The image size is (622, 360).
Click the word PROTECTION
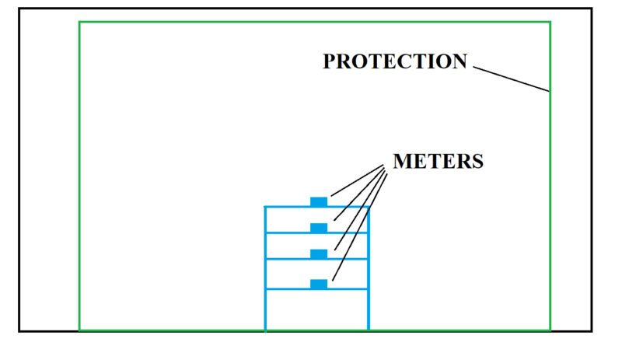click(395, 61)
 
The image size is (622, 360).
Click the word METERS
click(439, 161)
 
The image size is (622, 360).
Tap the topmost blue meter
click(319, 202)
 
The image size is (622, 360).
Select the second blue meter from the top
click(319, 228)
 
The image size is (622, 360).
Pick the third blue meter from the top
click(319, 254)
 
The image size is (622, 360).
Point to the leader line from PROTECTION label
click(511, 79)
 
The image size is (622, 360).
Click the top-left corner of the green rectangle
click(79, 22)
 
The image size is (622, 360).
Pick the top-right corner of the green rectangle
click(550, 22)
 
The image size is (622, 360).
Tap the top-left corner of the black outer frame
click(19, 9)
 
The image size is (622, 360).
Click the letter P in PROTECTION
click(329, 61)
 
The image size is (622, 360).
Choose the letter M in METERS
click(402, 161)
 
